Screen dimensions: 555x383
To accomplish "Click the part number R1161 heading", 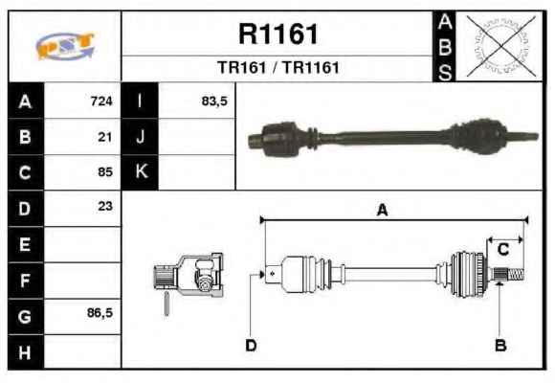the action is (278, 34).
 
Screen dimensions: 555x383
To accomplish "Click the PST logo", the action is (65, 46).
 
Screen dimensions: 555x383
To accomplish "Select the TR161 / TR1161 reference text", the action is (278, 68).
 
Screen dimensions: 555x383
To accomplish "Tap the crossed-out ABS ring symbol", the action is (500, 46).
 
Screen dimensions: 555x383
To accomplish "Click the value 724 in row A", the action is (101, 101).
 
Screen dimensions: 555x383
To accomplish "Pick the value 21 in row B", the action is (105, 137).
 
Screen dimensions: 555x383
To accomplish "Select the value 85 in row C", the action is (105, 171).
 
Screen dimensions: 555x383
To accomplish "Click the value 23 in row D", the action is (105, 206).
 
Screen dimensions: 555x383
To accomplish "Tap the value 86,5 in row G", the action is (100, 313).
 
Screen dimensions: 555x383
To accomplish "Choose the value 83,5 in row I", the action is (214, 101).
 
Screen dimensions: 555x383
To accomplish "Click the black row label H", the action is (26, 352).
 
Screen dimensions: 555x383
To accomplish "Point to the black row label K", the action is (140, 171).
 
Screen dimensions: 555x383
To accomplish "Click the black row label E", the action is (26, 244).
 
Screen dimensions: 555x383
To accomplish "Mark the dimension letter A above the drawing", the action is (382, 210).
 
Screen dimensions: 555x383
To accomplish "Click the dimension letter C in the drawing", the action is (503, 249).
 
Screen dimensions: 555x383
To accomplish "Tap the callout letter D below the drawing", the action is (251, 345).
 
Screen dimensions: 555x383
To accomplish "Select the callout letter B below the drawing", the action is (500, 345).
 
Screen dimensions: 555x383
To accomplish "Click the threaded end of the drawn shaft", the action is (516, 274).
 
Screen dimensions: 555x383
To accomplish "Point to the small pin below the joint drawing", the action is (166, 304).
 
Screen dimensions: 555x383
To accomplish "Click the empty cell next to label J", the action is (196, 137).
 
